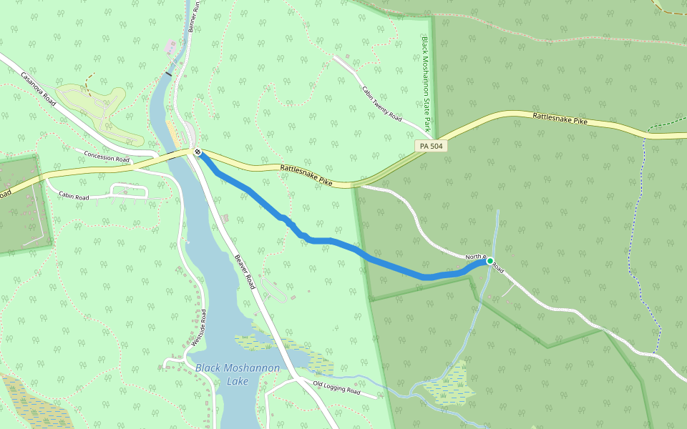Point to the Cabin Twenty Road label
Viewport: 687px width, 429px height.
381,104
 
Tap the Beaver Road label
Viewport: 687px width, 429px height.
245,272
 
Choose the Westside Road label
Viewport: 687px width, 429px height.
198,329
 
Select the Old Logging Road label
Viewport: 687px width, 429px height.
336,388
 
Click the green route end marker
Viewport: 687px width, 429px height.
490,261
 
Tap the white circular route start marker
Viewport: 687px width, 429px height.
198,152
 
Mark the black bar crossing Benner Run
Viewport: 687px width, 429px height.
169,73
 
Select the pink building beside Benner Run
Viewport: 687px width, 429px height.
170,46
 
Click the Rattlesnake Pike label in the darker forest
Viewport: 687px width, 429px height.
560,119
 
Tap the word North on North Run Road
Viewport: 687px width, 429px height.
474,256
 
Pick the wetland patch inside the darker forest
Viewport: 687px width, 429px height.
449,386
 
